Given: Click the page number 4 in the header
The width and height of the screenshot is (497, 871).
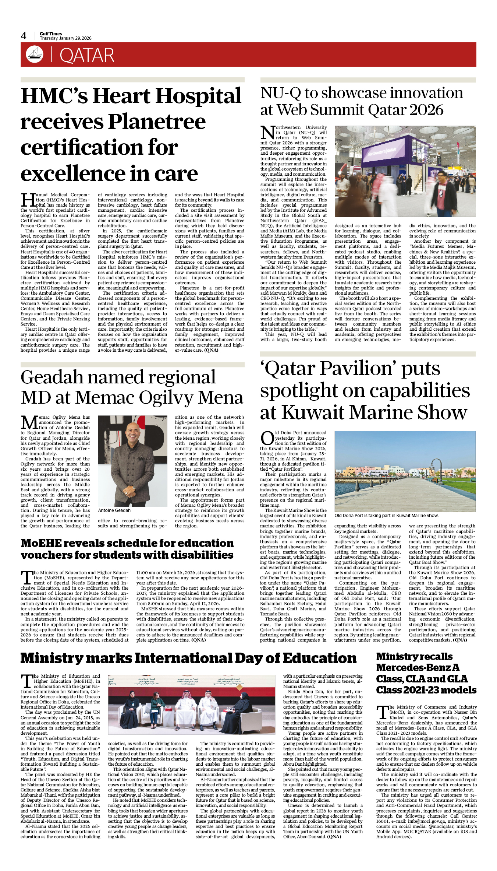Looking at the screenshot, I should pos(24,36).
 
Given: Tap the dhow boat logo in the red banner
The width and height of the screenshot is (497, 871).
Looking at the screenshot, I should pos(35,54).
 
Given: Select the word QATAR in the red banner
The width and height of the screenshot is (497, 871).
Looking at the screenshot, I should pos(87,55).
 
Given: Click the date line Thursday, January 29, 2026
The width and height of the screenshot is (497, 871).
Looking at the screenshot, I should pos(65,38).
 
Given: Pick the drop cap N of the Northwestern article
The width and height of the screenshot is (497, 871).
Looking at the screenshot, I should pos(267,133).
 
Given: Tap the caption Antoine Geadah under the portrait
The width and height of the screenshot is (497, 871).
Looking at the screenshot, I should pos(114,510).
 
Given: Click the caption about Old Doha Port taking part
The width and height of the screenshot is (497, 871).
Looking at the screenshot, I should pos(386,516).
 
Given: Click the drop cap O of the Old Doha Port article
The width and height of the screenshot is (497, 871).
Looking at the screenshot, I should pos(267,438).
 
